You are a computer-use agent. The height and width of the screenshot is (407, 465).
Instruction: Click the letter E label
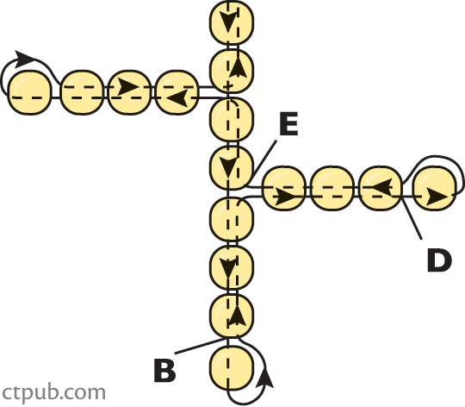click(288, 124)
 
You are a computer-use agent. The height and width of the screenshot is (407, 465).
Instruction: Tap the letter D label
click(439, 260)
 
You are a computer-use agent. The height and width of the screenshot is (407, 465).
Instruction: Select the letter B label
click(164, 370)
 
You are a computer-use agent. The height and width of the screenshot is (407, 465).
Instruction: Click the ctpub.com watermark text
click(53, 392)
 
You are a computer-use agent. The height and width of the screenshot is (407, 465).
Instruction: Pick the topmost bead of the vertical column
click(232, 22)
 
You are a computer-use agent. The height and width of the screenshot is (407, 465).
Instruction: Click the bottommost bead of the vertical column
click(232, 368)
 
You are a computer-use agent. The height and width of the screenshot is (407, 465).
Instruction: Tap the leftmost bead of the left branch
click(29, 92)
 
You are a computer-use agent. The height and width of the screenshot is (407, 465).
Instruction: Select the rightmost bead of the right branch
click(435, 189)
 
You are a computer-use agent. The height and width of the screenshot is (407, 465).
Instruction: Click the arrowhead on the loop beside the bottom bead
click(266, 378)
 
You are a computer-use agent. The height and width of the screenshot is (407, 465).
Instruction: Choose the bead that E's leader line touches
click(232, 168)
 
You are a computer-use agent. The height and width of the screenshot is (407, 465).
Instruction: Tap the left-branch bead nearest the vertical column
click(177, 92)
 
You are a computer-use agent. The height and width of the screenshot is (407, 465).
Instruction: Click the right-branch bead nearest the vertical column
click(284, 189)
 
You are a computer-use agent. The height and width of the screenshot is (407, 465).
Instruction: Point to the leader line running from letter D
click(412, 218)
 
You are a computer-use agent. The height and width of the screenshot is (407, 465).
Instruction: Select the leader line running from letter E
click(263, 161)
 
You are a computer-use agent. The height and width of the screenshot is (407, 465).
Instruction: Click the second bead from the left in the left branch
click(82, 92)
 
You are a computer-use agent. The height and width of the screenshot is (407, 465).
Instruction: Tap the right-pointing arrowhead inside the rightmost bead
click(437, 197)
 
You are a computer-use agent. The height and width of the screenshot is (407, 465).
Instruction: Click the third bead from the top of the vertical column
click(232, 120)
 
